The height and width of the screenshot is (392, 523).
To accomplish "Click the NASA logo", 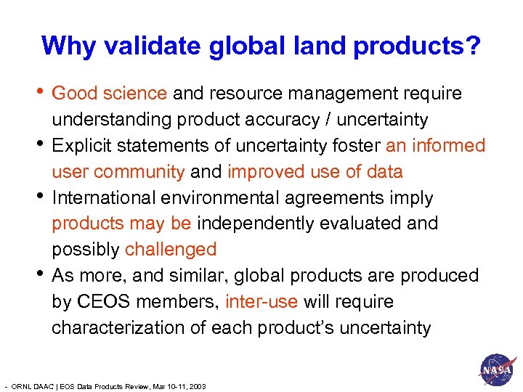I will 498,369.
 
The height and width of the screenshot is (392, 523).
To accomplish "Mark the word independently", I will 267,223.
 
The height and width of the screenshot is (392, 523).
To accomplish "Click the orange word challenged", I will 171,249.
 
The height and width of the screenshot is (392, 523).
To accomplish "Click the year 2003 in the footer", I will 196,386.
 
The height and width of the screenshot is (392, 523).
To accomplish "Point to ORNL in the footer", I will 22,386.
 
